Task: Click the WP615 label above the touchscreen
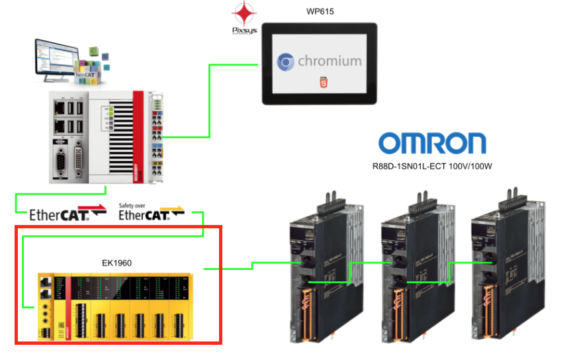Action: point(320,12)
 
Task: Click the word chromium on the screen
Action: point(330,62)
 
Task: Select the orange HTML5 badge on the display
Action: point(321,82)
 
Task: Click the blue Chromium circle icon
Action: point(286,62)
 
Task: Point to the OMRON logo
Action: point(432,143)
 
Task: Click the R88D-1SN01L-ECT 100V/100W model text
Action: point(432,166)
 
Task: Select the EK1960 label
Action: point(116,263)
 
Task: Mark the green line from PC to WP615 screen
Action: point(210,99)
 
